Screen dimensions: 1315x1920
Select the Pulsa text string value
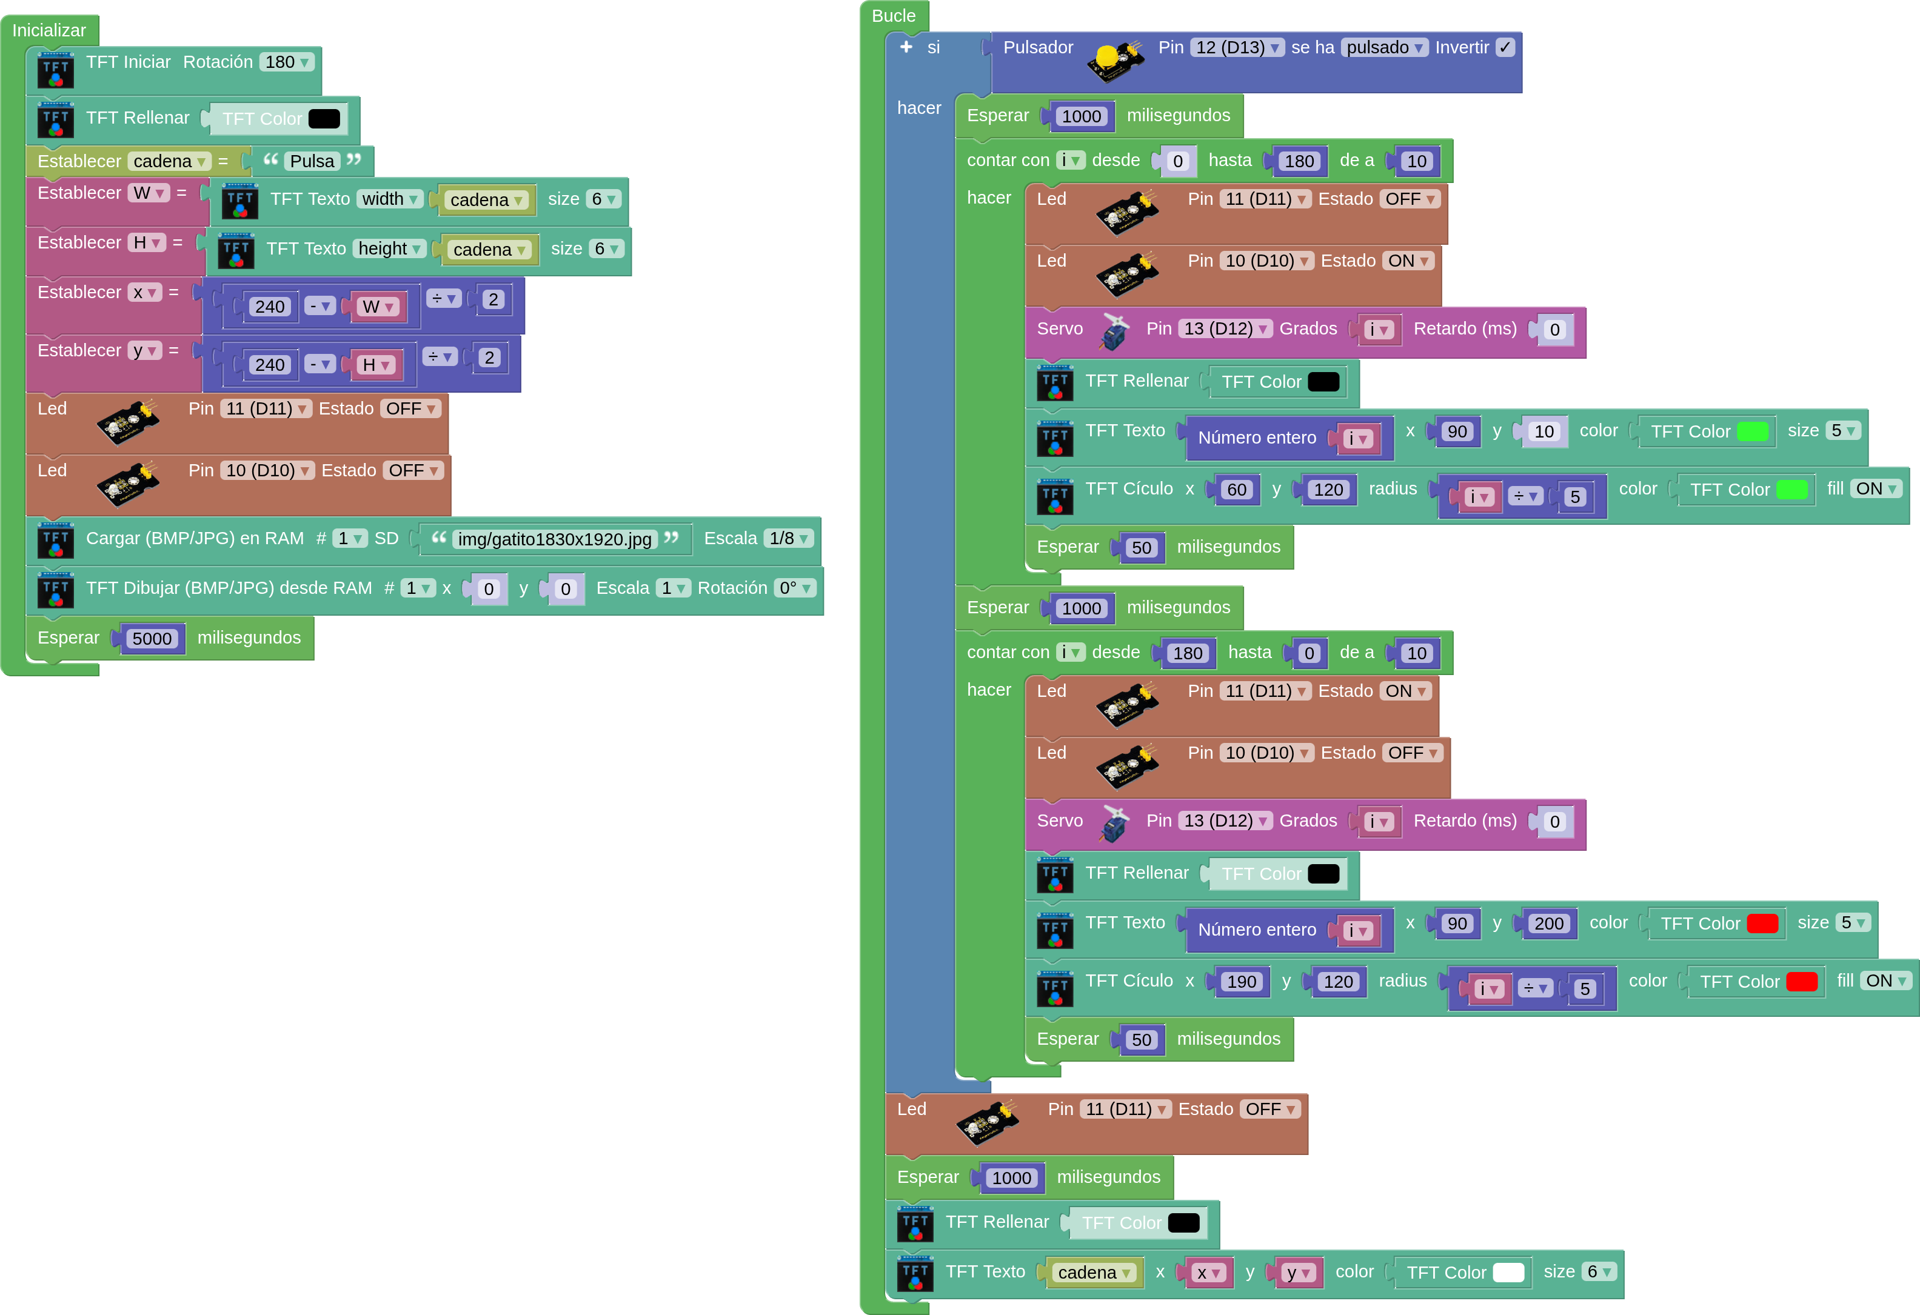click(x=312, y=161)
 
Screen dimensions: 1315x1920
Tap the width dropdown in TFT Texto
click(x=390, y=199)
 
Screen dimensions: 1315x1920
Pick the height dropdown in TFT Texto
click(x=390, y=248)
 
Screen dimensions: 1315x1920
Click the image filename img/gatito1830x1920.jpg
click(x=554, y=539)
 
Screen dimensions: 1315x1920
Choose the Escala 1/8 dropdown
click(x=788, y=539)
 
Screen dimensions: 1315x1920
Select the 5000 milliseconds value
click(x=152, y=639)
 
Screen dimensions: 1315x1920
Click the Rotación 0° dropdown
click(x=795, y=588)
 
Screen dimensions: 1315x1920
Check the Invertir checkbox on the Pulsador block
click(x=1505, y=47)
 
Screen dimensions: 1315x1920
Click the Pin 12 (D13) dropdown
click(x=1236, y=47)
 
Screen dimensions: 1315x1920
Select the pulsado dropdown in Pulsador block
click(x=1384, y=47)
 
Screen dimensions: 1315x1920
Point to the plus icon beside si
click(x=906, y=47)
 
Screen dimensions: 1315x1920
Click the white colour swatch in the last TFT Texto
click(x=1508, y=1272)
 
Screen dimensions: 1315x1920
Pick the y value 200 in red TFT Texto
click(x=1548, y=924)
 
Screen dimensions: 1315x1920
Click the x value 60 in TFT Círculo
click(x=1237, y=490)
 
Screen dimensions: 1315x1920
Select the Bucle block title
click(x=893, y=16)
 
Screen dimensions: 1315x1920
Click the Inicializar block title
click(x=49, y=30)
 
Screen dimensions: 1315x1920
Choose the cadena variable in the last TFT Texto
click(x=1093, y=1273)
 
